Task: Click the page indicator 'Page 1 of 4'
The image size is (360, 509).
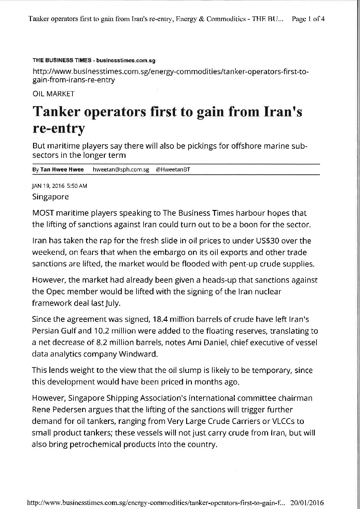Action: (x=308, y=19)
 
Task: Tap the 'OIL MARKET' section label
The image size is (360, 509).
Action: (x=53, y=94)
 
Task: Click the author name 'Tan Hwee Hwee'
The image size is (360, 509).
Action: (x=60, y=169)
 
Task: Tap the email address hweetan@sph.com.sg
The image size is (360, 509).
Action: (x=121, y=169)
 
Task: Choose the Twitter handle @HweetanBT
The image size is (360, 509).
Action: (x=173, y=169)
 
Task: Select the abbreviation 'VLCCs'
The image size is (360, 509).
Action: (x=284, y=421)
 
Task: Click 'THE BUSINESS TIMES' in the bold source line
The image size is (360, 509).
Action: (x=62, y=61)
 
